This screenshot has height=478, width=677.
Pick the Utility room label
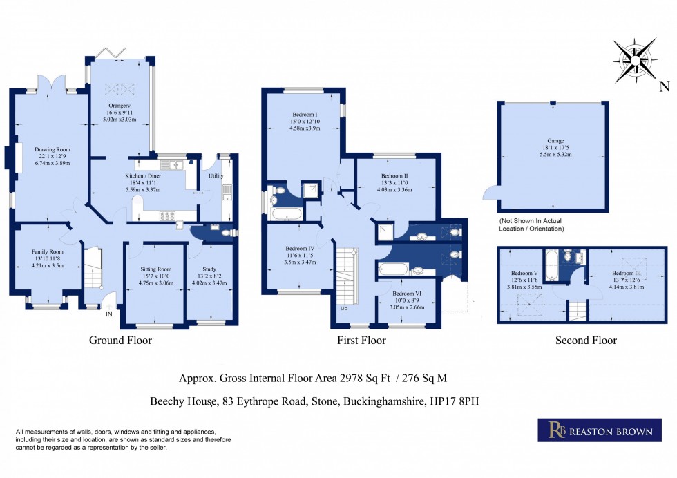216,176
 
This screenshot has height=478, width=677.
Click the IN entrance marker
108,315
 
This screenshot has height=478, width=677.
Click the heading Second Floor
585,341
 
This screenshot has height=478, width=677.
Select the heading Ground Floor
120,341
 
